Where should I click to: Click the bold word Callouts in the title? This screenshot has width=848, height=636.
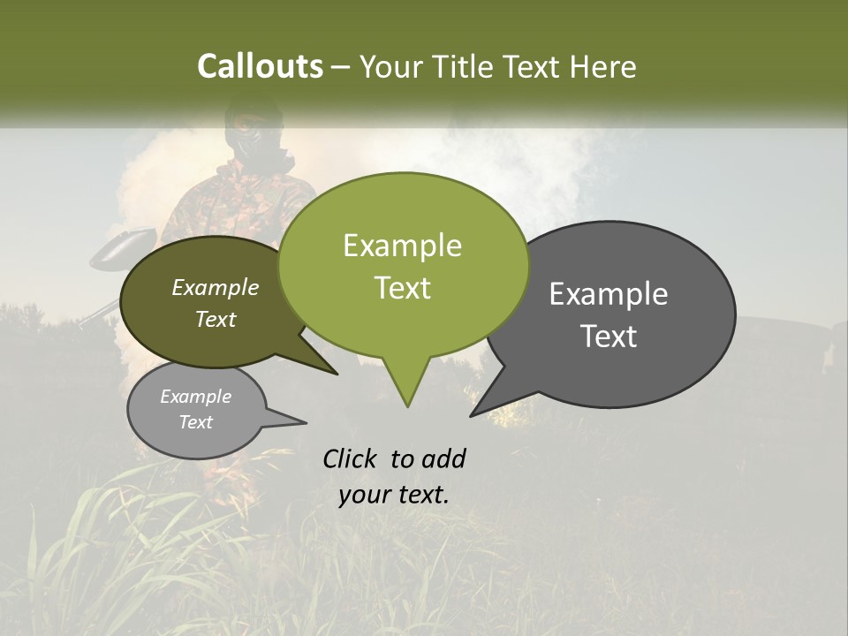tap(260, 66)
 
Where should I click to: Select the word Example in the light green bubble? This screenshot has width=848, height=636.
tap(402, 246)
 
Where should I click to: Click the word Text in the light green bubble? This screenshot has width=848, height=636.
tap(402, 287)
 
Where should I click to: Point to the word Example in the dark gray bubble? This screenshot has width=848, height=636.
tap(609, 294)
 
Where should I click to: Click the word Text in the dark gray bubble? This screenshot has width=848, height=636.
tap(609, 336)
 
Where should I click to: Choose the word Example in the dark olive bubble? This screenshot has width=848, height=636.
tap(216, 287)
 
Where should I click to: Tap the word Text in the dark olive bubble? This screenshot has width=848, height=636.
tap(216, 319)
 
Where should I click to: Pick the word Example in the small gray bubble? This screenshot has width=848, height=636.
tap(195, 397)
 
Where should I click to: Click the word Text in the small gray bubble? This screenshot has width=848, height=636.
tap(195, 422)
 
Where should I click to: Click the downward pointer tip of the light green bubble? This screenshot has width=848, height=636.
tap(407, 406)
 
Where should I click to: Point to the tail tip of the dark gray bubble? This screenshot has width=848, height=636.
tap(471, 415)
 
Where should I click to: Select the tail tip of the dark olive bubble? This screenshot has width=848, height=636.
tap(337, 375)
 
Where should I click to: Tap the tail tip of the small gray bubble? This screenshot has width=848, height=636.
tap(306, 422)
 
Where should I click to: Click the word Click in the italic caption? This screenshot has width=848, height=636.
tap(351, 458)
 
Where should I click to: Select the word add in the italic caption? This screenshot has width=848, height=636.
tap(443, 458)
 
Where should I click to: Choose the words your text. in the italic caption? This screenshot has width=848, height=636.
tap(393, 495)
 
